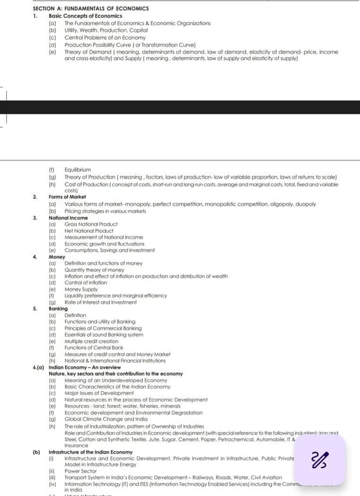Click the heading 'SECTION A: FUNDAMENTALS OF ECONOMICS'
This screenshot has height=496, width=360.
point(91,8)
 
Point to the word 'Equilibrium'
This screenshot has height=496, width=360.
point(78,170)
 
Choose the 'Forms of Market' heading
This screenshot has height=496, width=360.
point(67,197)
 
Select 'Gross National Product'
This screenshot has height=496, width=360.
point(91,224)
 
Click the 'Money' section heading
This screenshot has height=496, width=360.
point(57,257)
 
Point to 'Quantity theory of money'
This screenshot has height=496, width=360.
point(94,270)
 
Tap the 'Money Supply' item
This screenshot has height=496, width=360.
point(82,288)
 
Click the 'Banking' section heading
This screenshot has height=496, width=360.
point(58,309)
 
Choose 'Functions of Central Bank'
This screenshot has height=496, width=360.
point(95,348)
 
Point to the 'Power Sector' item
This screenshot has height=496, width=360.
point(80,471)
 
